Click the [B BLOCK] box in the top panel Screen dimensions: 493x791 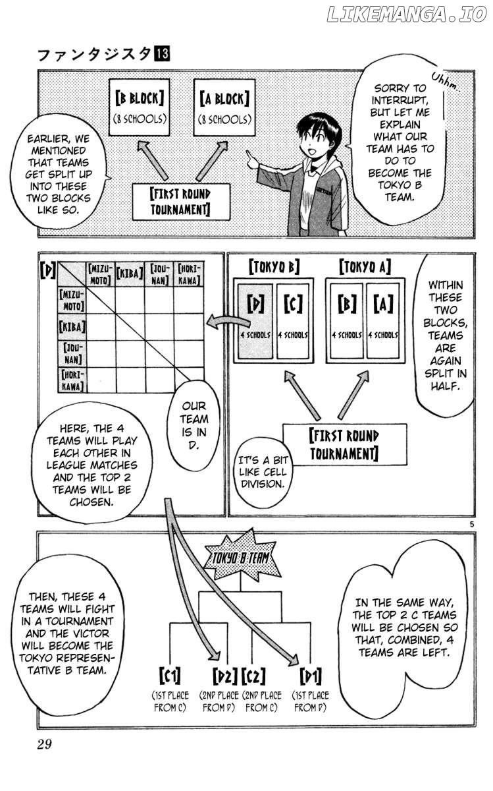tap(140, 107)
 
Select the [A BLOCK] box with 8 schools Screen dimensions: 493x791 tap(224, 107)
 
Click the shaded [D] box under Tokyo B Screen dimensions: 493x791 tap(255, 321)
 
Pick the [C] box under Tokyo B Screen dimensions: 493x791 tap(293, 321)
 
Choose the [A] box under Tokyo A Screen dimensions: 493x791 tap(383, 321)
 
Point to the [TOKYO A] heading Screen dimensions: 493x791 tap(365, 267)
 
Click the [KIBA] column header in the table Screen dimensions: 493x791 tap(130, 274)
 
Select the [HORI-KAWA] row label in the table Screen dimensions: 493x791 tap(72, 380)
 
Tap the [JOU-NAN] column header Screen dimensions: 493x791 tap(159, 274)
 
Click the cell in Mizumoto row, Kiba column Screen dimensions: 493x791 tap(130, 300)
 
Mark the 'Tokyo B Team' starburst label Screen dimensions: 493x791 tap(242, 558)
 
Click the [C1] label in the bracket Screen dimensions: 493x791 tap(170, 676)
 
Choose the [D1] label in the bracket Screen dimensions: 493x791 tap(311, 676)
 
